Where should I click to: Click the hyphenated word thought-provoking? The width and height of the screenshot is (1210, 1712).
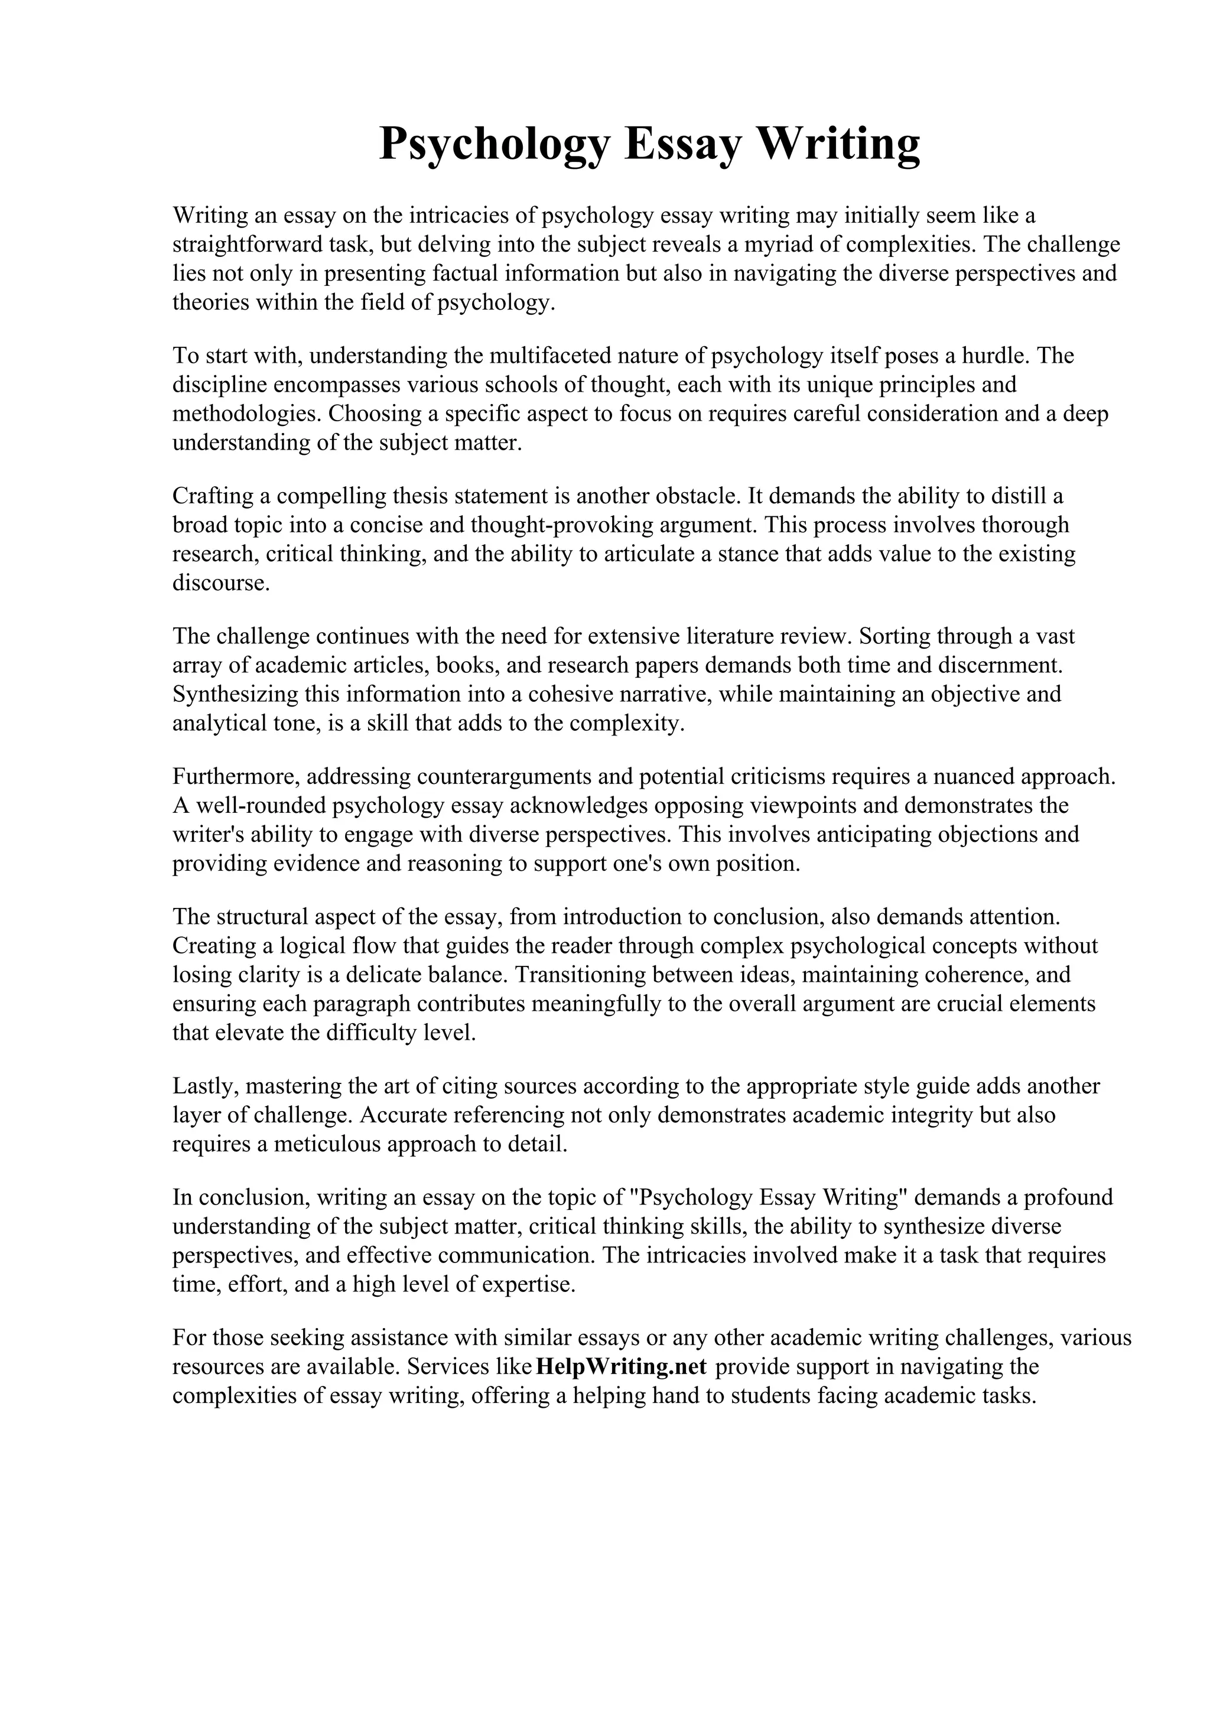(563, 526)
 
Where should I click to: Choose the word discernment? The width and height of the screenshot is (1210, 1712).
(1000, 665)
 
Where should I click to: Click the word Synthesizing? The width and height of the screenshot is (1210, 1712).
(236, 694)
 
